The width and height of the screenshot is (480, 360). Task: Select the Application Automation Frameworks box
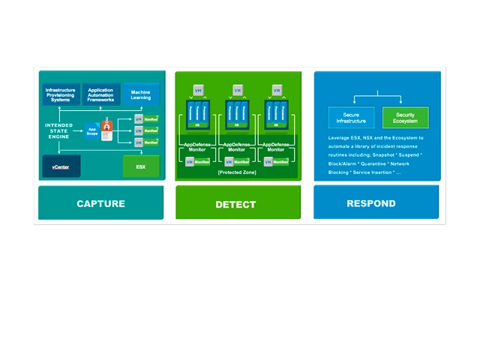click(x=100, y=94)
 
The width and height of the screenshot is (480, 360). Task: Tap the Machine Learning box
click(x=140, y=94)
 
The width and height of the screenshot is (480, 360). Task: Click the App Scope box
click(x=92, y=130)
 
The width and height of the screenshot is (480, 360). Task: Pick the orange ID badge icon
click(x=107, y=130)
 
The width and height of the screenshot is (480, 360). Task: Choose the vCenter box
click(x=61, y=166)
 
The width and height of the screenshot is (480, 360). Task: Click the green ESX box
click(x=141, y=166)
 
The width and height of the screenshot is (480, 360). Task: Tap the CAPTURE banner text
click(x=100, y=204)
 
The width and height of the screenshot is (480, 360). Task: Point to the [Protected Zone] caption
click(x=236, y=172)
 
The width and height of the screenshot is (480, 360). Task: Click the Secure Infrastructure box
click(x=351, y=118)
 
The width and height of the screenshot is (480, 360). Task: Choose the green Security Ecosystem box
click(x=406, y=118)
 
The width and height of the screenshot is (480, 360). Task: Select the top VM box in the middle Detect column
click(x=238, y=90)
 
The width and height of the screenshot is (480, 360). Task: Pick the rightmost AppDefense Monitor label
click(x=277, y=147)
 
